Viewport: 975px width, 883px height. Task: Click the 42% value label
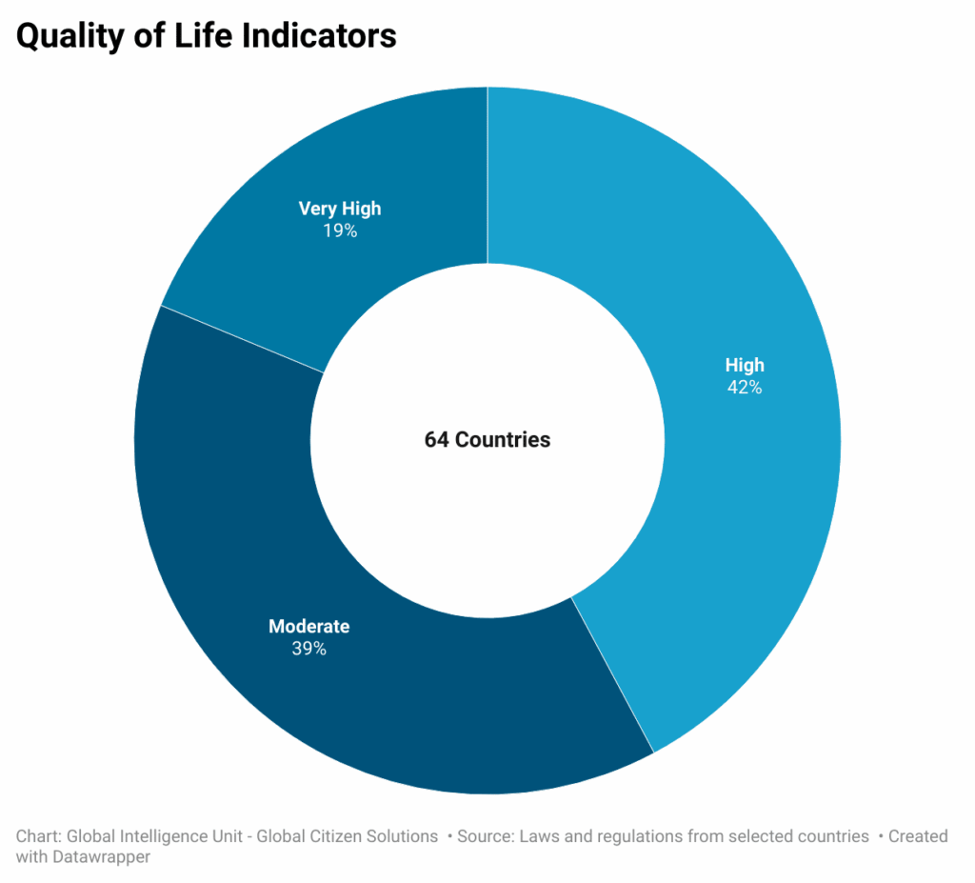click(744, 388)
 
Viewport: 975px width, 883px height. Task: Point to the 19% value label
click(340, 231)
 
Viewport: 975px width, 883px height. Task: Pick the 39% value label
click(308, 649)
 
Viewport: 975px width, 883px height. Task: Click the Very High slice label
click(340, 209)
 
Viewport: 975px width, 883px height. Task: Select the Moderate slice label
click(308, 627)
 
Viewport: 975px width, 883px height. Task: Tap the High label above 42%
click(744, 365)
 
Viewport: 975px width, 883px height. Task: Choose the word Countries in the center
click(502, 440)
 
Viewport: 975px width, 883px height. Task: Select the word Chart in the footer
click(36, 836)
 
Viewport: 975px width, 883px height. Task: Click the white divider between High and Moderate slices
click(612, 675)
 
